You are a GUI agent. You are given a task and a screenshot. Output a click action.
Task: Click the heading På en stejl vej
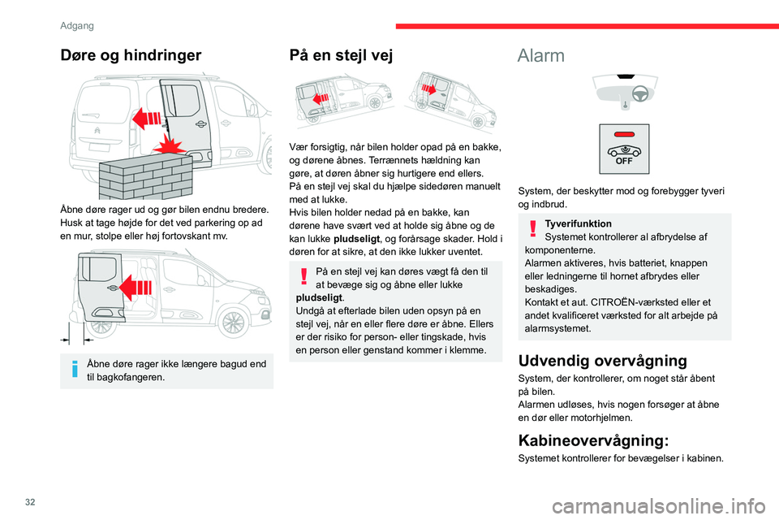point(341,56)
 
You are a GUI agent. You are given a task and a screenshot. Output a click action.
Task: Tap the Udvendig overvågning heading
point(602,361)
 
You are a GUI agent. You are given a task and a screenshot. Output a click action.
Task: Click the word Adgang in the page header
point(76,25)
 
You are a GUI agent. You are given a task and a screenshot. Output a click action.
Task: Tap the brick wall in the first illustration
point(141,171)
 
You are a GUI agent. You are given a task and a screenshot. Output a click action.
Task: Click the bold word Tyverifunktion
point(578,223)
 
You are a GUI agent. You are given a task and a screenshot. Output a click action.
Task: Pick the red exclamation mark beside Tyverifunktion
point(531,228)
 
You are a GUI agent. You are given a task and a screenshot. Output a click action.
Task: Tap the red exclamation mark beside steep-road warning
point(302,277)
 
